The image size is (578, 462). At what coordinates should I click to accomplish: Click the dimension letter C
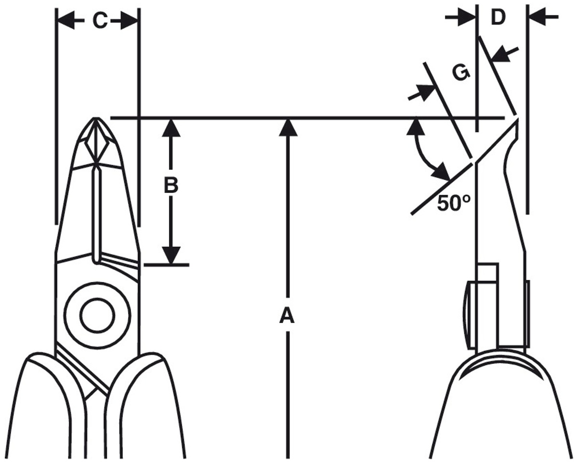[x=101, y=21]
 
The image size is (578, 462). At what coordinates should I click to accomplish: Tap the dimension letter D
[x=498, y=18]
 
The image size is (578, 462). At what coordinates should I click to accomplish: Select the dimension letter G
[x=461, y=73]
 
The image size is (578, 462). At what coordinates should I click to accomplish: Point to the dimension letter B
[x=171, y=185]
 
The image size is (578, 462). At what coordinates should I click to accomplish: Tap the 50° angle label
[x=454, y=203]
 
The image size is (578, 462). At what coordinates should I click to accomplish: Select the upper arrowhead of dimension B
[x=171, y=128]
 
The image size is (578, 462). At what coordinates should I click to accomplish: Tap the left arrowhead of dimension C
[x=66, y=21]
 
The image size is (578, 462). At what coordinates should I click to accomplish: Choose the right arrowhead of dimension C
[x=129, y=21]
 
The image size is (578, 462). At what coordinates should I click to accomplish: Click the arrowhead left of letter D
[x=467, y=17]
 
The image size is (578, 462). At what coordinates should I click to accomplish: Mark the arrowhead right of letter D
[x=537, y=17]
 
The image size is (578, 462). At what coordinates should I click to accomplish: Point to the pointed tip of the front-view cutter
[x=95, y=118]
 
